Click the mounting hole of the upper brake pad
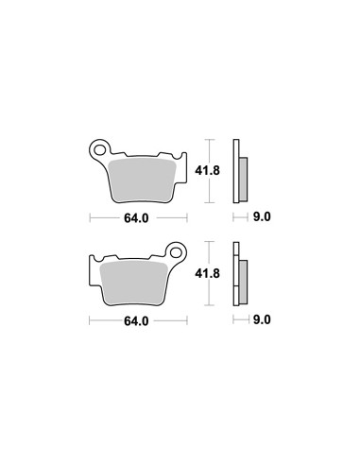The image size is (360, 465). (x=100, y=150)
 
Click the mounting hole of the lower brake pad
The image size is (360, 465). (x=176, y=253)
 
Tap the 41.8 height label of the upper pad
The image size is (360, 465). (x=207, y=171)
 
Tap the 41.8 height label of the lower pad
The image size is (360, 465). (x=207, y=273)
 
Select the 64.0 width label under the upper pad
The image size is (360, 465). (x=136, y=218)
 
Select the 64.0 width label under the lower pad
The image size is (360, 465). (x=136, y=321)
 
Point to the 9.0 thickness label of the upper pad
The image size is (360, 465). (x=262, y=216)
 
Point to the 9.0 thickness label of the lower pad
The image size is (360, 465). (x=262, y=319)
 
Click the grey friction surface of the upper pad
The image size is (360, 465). (x=142, y=181)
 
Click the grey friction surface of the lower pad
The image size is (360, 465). (x=133, y=283)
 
